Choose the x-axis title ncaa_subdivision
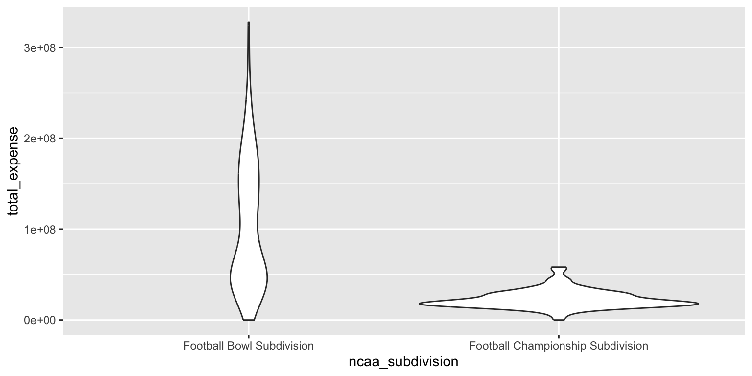(403, 362)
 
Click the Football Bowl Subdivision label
(248, 346)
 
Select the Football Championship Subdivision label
(558, 346)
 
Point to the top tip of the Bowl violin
(249, 23)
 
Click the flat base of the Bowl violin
(249, 320)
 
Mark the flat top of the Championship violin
(559, 267)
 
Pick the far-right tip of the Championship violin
(698, 304)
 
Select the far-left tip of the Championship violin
(420, 304)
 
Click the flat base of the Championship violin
(559, 320)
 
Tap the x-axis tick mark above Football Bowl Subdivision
(249, 337)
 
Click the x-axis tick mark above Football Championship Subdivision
(559, 337)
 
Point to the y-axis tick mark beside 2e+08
(61, 139)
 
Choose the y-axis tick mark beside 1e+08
(61, 229)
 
